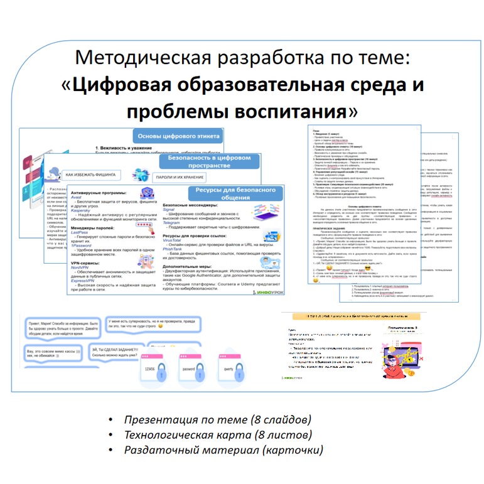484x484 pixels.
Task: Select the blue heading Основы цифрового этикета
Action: (x=178, y=136)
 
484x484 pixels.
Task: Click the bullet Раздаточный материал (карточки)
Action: (x=223, y=450)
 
